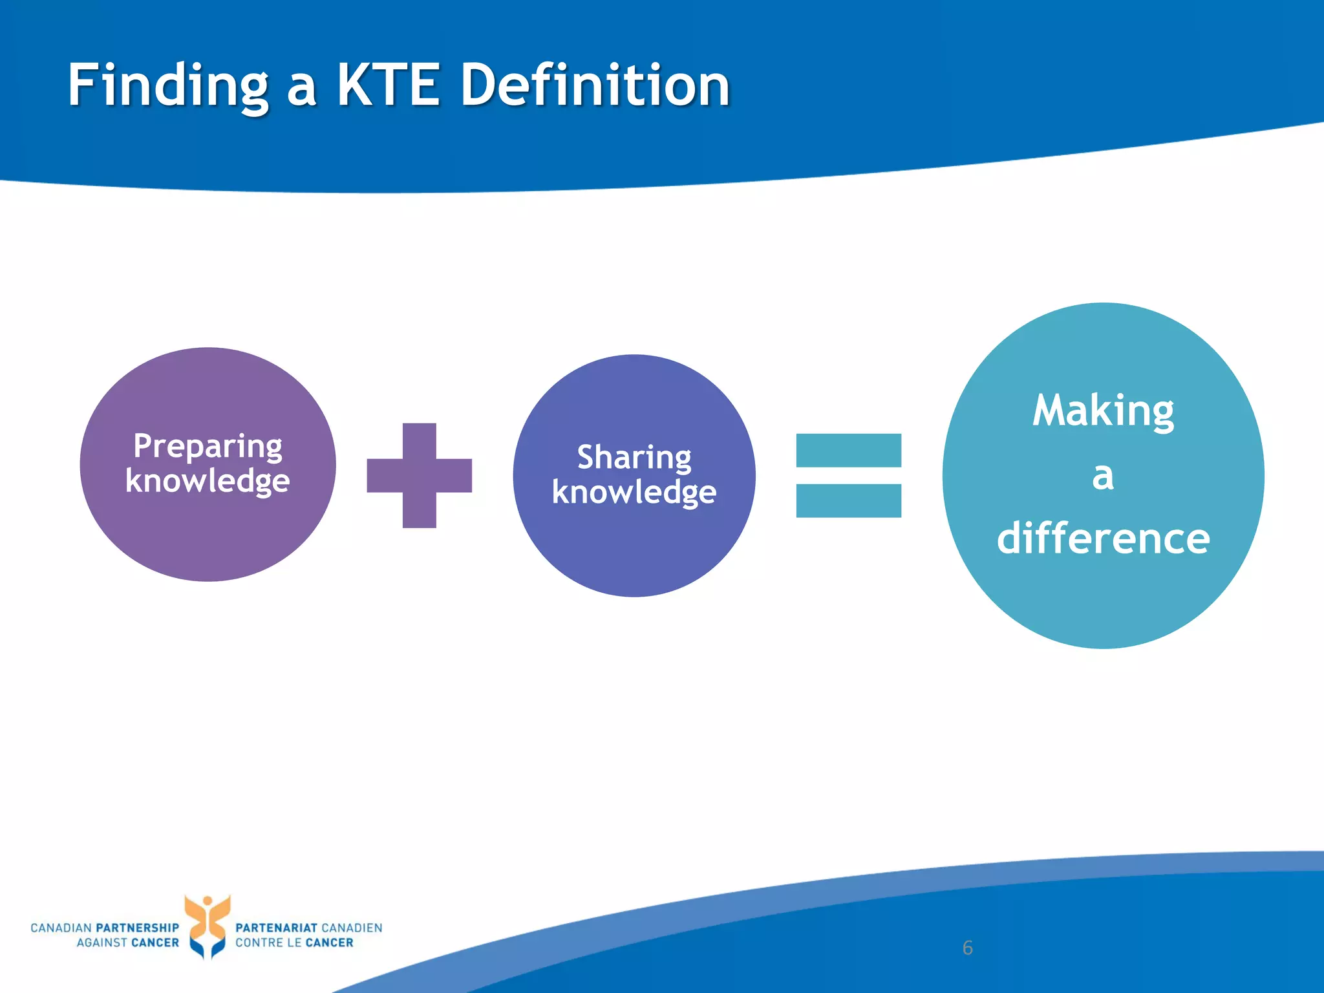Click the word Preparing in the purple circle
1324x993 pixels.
pos(208,446)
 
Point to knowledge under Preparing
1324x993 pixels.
pos(208,481)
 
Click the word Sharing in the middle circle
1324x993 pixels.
pos(634,457)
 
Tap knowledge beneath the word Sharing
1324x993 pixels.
pos(634,492)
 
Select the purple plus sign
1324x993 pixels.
pos(419,476)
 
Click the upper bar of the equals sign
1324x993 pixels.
pos(848,450)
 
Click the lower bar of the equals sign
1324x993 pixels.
pos(848,500)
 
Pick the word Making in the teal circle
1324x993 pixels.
pos(1103,411)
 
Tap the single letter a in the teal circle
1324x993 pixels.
pos(1103,476)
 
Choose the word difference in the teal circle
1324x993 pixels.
pos(1103,539)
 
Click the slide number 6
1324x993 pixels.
pos(967,948)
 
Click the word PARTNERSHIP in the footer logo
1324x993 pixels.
pos(137,928)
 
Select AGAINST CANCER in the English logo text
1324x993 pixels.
pos(127,943)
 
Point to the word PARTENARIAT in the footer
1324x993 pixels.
pos(276,928)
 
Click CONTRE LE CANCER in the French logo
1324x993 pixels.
pos(294,943)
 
